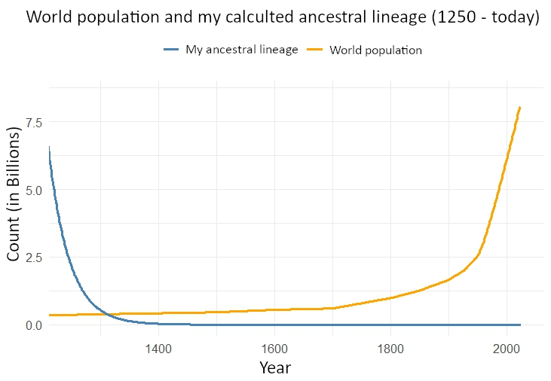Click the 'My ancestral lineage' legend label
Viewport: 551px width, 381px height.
[242, 50]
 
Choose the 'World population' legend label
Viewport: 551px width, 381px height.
[375, 50]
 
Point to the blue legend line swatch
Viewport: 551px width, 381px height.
[172, 50]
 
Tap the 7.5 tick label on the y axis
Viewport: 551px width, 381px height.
[34, 122]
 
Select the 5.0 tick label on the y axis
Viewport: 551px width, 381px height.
[34, 190]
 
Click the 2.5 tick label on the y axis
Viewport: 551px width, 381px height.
[34, 258]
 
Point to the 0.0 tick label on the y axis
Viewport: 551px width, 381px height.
[34, 325]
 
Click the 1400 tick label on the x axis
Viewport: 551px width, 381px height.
[158, 349]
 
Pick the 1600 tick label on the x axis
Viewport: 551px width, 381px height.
[274, 349]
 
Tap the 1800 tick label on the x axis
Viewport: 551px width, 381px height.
[390, 349]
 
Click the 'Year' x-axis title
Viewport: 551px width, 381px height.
[274, 368]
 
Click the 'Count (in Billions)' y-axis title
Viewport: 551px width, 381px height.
[14, 203]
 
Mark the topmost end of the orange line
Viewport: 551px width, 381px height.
[520, 107]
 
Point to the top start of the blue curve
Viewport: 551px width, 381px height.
[49, 148]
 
